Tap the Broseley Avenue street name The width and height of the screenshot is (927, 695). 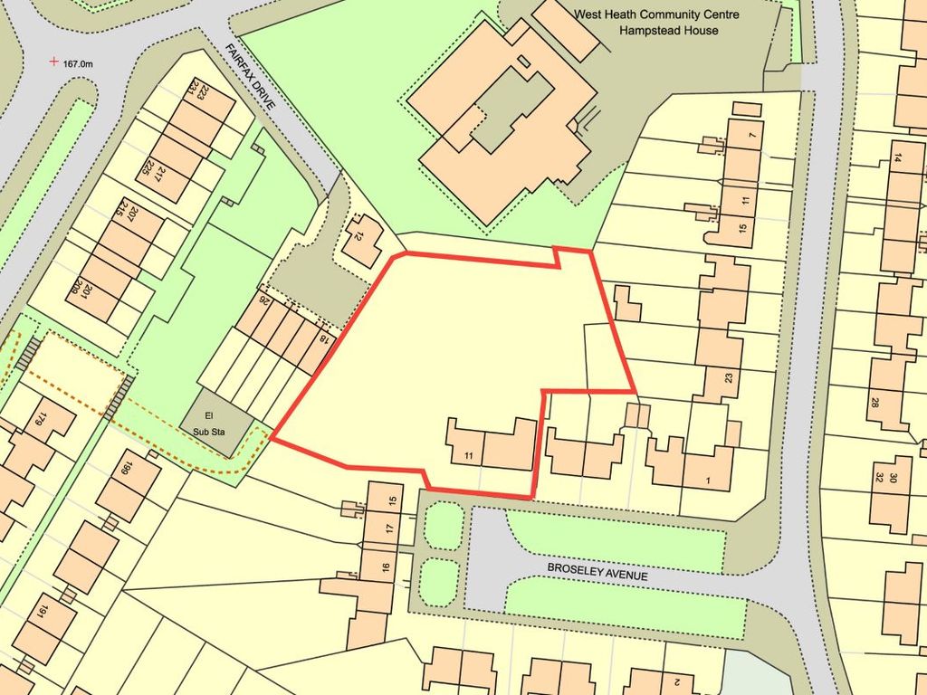point(597,571)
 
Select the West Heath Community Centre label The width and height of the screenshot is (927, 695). point(657,14)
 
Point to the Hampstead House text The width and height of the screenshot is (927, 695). point(669,31)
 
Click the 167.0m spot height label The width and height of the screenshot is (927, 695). point(79,63)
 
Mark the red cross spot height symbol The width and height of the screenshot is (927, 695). point(54,62)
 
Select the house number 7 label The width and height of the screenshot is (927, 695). point(751,137)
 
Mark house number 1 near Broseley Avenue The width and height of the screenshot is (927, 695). point(707,480)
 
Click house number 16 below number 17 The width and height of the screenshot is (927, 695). point(385,567)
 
